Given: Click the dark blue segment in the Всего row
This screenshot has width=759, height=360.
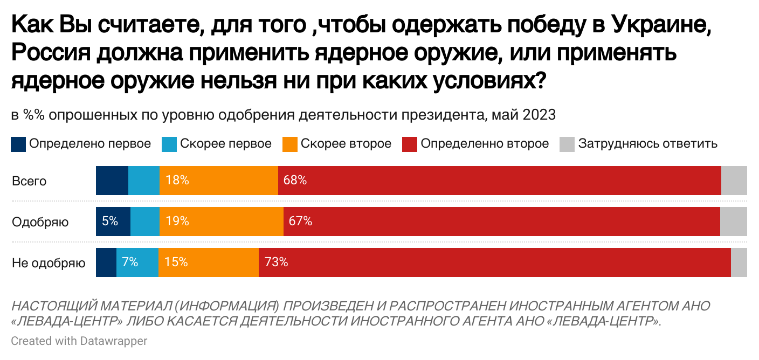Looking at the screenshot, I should click(x=112, y=181).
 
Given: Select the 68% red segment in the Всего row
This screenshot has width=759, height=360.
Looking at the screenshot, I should click(x=499, y=181).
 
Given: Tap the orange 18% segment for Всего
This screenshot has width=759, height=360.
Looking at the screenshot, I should click(x=218, y=181).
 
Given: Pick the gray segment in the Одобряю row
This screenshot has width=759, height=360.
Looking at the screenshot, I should click(x=733, y=221).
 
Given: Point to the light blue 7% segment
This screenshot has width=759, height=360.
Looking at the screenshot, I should click(x=137, y=262).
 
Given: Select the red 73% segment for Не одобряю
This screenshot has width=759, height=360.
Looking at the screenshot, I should click(x=494, y=262).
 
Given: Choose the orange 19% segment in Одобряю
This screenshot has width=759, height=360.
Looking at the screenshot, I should click(x=221, y=221).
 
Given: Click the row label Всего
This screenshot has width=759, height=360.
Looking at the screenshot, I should click(x=29, y=181).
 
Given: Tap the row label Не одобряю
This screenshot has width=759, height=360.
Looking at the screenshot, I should click(x=49, y=263).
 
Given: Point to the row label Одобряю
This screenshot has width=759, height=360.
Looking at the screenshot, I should click(x=40, y=222).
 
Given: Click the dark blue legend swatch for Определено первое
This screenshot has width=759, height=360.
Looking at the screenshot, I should click(x=18, y=144).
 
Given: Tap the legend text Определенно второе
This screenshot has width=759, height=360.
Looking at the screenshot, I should click(x=485, y=144).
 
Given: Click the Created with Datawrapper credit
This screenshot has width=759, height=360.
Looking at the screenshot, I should click(x=79, y=341).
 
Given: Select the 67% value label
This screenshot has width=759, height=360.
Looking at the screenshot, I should click(x=300, y=221).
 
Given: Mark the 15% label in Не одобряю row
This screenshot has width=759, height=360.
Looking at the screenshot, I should click(x=176, y=262).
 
